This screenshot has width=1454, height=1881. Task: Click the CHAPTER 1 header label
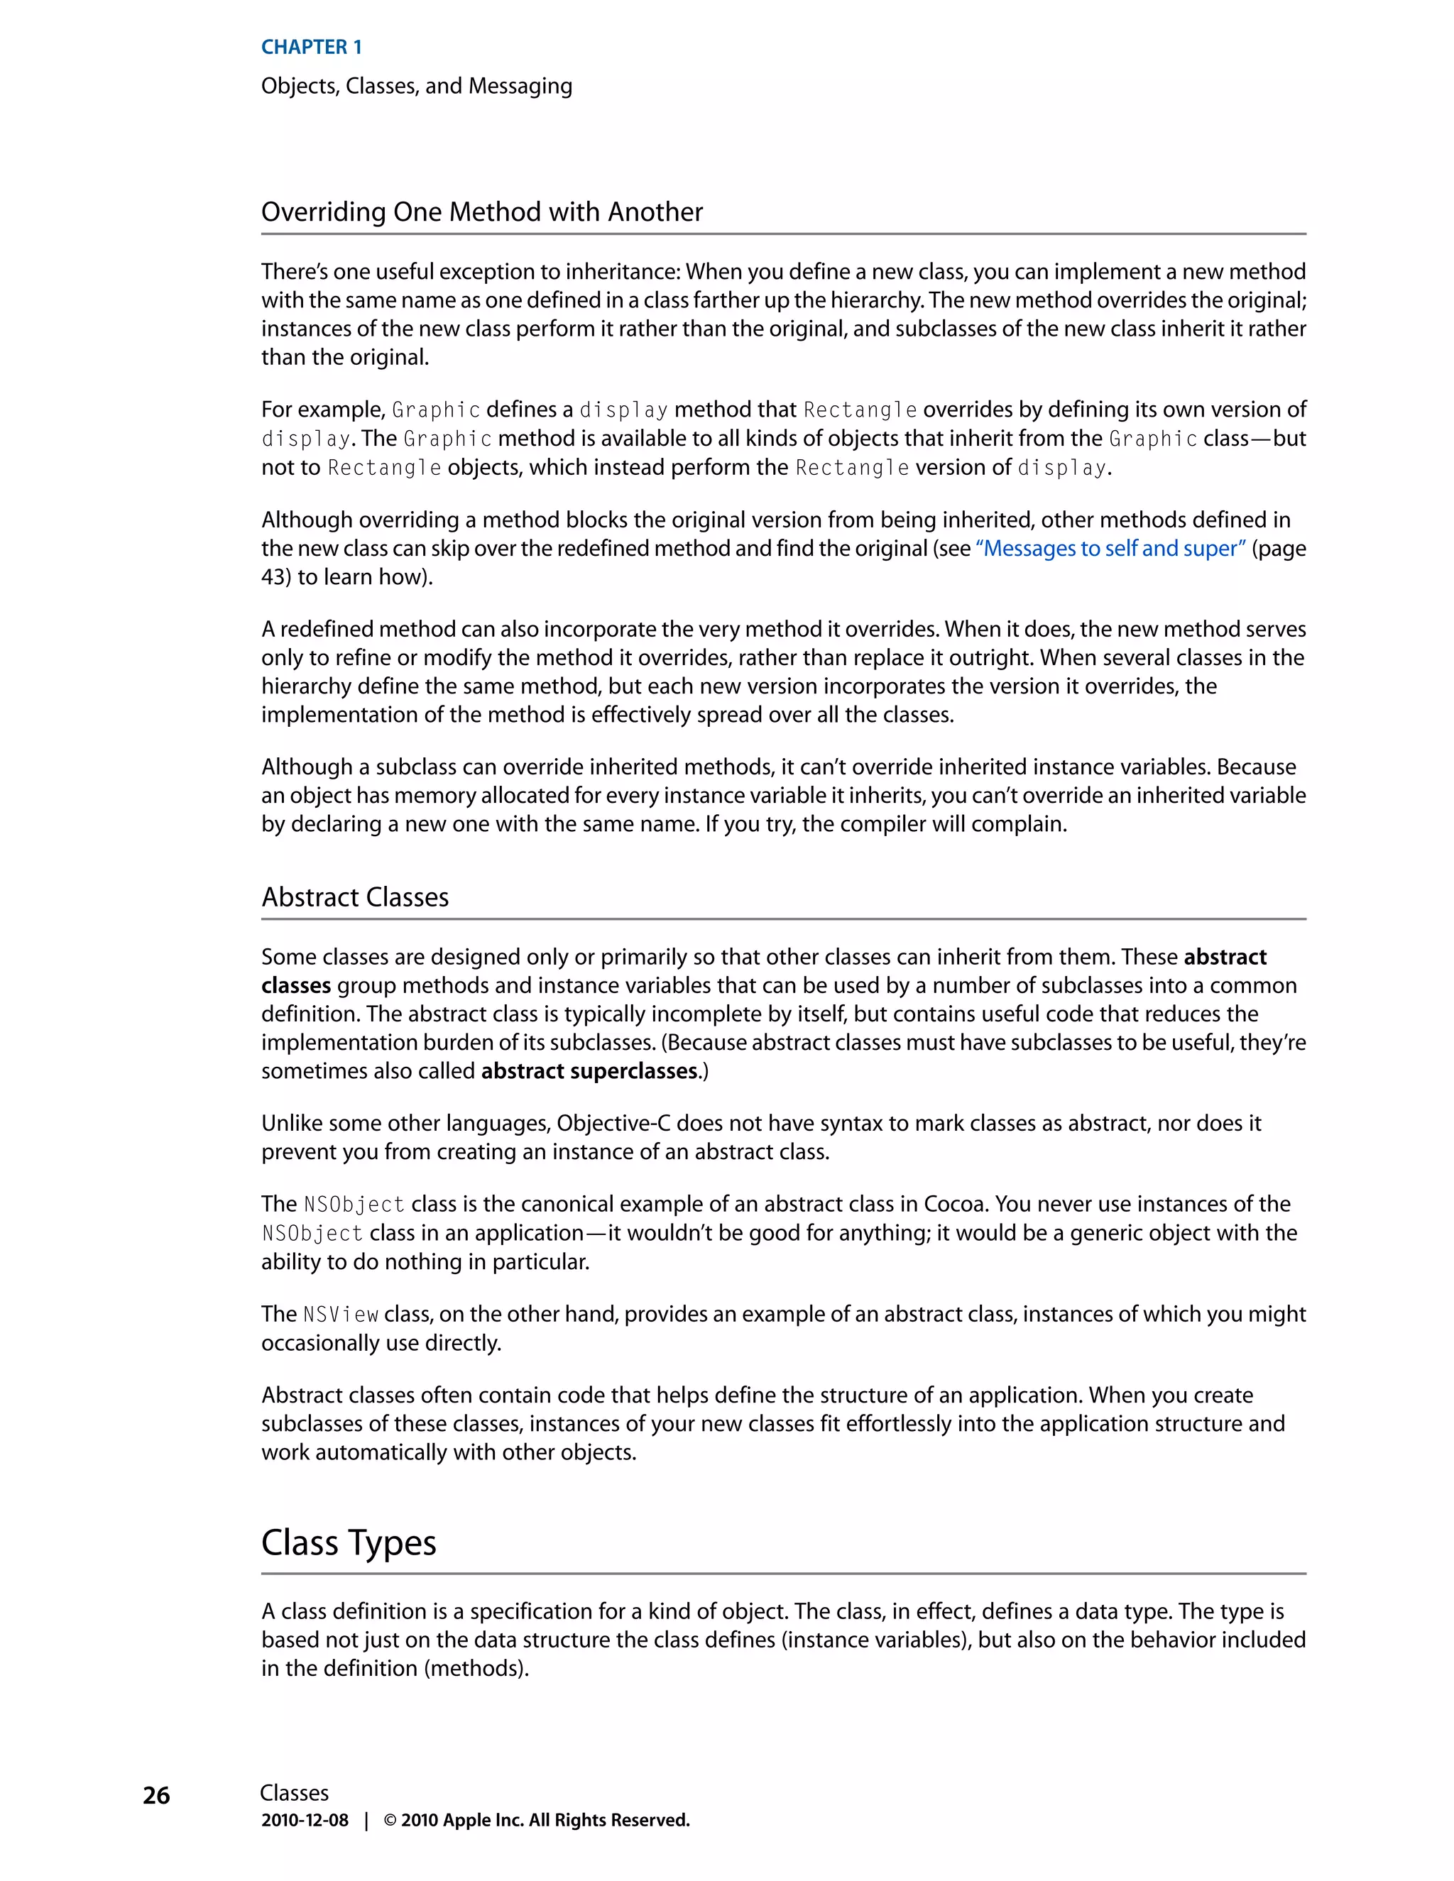point(311,48)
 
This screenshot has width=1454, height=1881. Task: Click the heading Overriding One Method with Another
point(481,212)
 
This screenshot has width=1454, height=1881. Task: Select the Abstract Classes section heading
point(355,897)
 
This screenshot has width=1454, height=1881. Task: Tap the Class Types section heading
point(348,1542)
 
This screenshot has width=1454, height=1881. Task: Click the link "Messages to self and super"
point(1110,549)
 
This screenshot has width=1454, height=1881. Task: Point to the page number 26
point(156,1796)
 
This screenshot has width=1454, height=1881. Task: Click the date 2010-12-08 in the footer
point(305,1820)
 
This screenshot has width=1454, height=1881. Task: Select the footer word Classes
point(294,1793)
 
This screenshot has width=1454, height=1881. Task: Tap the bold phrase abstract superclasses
point(589,1070)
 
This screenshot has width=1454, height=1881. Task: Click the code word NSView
point(340,1315)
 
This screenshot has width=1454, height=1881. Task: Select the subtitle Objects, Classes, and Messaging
point(416,86)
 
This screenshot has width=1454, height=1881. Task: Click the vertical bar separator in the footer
point(366,1820)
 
